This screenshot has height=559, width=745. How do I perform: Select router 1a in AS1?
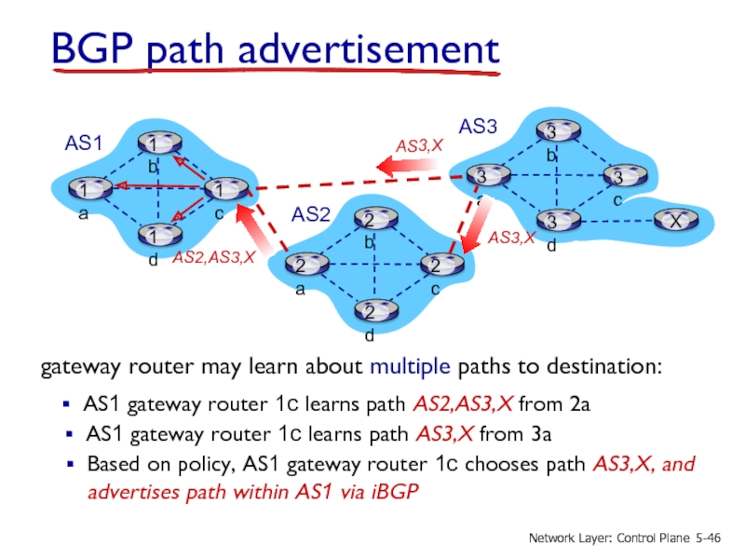pos(87,190)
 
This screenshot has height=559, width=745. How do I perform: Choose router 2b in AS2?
pos(372,221)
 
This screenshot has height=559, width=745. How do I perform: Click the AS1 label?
pos(83,143)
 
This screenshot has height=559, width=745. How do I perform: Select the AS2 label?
pos(312,215)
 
